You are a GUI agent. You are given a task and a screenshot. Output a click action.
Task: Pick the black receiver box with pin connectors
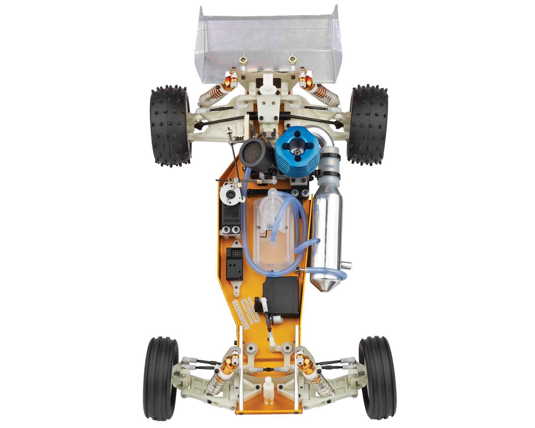click(x=235, y=263)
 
